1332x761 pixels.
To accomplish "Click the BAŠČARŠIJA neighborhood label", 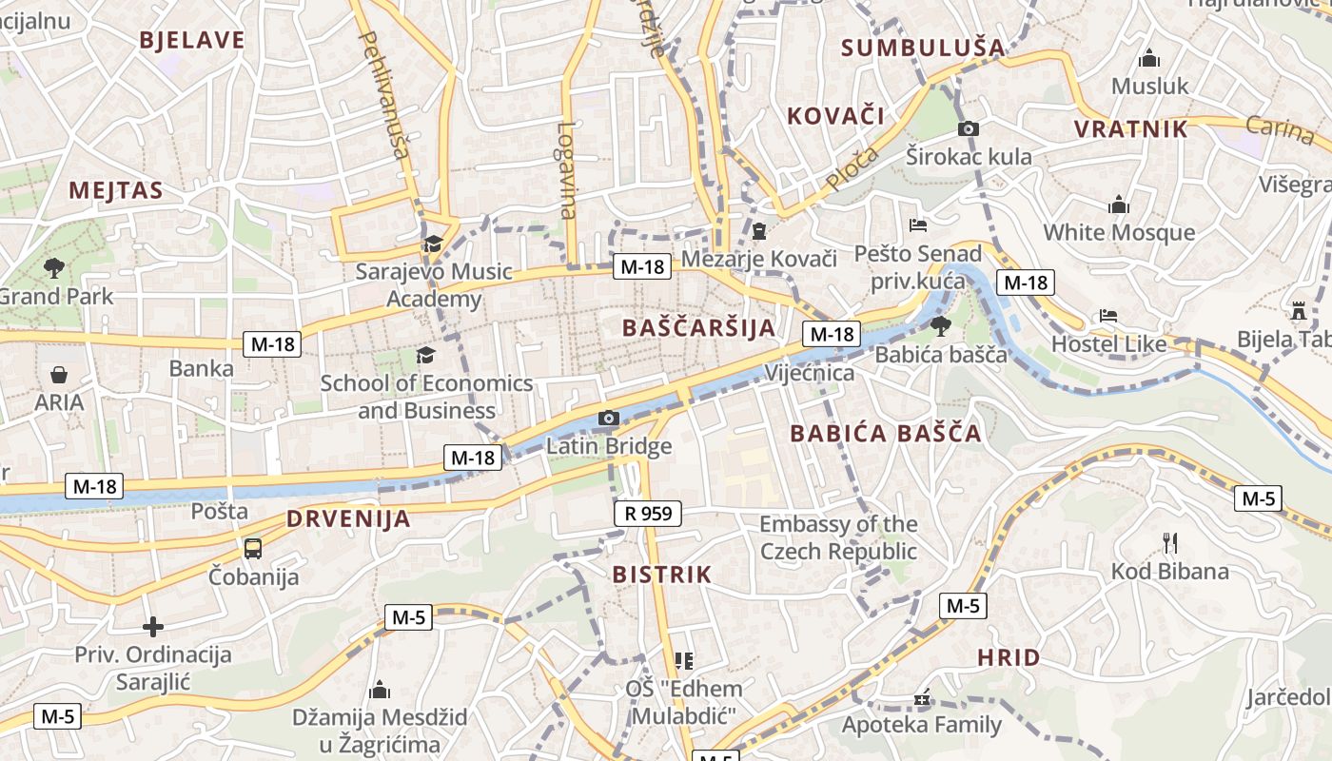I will [698, 328].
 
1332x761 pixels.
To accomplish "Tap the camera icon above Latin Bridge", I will [609, 419].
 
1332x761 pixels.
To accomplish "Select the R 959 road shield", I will [648, 514].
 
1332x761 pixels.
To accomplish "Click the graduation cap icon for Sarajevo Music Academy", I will [434, 244].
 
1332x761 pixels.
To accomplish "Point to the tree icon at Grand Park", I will [54, 268].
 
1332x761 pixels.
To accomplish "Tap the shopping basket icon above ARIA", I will [59, 375].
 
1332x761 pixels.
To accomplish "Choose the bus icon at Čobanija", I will [253, 549].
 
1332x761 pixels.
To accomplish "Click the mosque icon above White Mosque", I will [1118, 205].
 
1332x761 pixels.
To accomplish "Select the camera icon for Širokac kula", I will [969, 129].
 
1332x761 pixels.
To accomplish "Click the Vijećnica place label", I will [810, 372].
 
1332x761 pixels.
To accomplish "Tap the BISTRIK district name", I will [662, 575].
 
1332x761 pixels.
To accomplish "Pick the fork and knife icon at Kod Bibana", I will [1170, 543].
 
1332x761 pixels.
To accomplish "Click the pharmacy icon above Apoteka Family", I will [921, 698].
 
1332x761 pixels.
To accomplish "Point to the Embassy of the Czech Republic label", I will [838, 537].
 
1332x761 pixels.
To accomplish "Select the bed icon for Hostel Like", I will [1107, 316].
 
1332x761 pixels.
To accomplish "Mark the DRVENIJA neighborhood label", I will [348, 519].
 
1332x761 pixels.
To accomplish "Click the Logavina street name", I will [568, 170].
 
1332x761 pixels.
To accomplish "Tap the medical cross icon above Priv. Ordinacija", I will [153, 627].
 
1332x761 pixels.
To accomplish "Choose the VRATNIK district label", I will [1131, 129].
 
